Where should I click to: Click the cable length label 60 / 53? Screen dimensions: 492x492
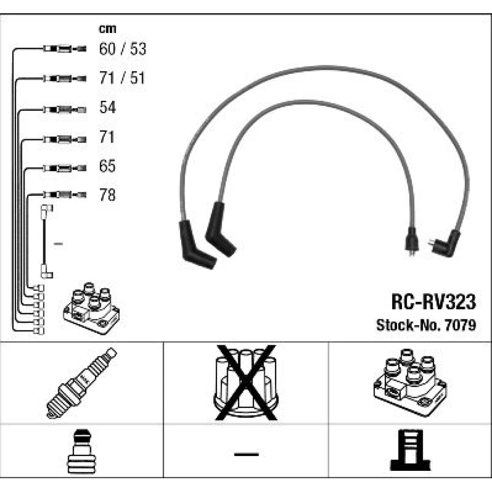coord(123,49)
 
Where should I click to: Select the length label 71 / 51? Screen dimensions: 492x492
coord(123,78)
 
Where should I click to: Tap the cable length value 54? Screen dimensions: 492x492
coord(107,108)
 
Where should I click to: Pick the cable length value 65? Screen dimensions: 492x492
coord(107,166)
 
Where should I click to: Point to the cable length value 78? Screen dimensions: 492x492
coord(107,195)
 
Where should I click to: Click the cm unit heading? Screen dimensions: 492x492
coord(107,29)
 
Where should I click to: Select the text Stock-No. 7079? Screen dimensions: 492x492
coord(426,325)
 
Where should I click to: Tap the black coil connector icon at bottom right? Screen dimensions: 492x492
coord(409,450)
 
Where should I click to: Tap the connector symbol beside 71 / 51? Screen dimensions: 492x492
coord(64,78)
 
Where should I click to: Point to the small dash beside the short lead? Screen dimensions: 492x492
coord(58,244)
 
